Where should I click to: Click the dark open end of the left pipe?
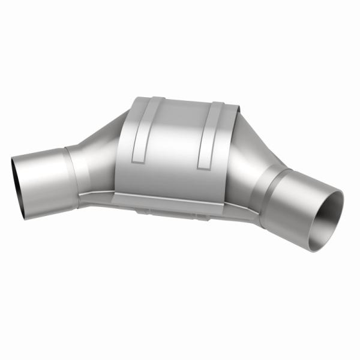pyautogui.click(x=17, y=187)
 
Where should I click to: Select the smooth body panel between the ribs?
pyautogui.click(x=174, y=144)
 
